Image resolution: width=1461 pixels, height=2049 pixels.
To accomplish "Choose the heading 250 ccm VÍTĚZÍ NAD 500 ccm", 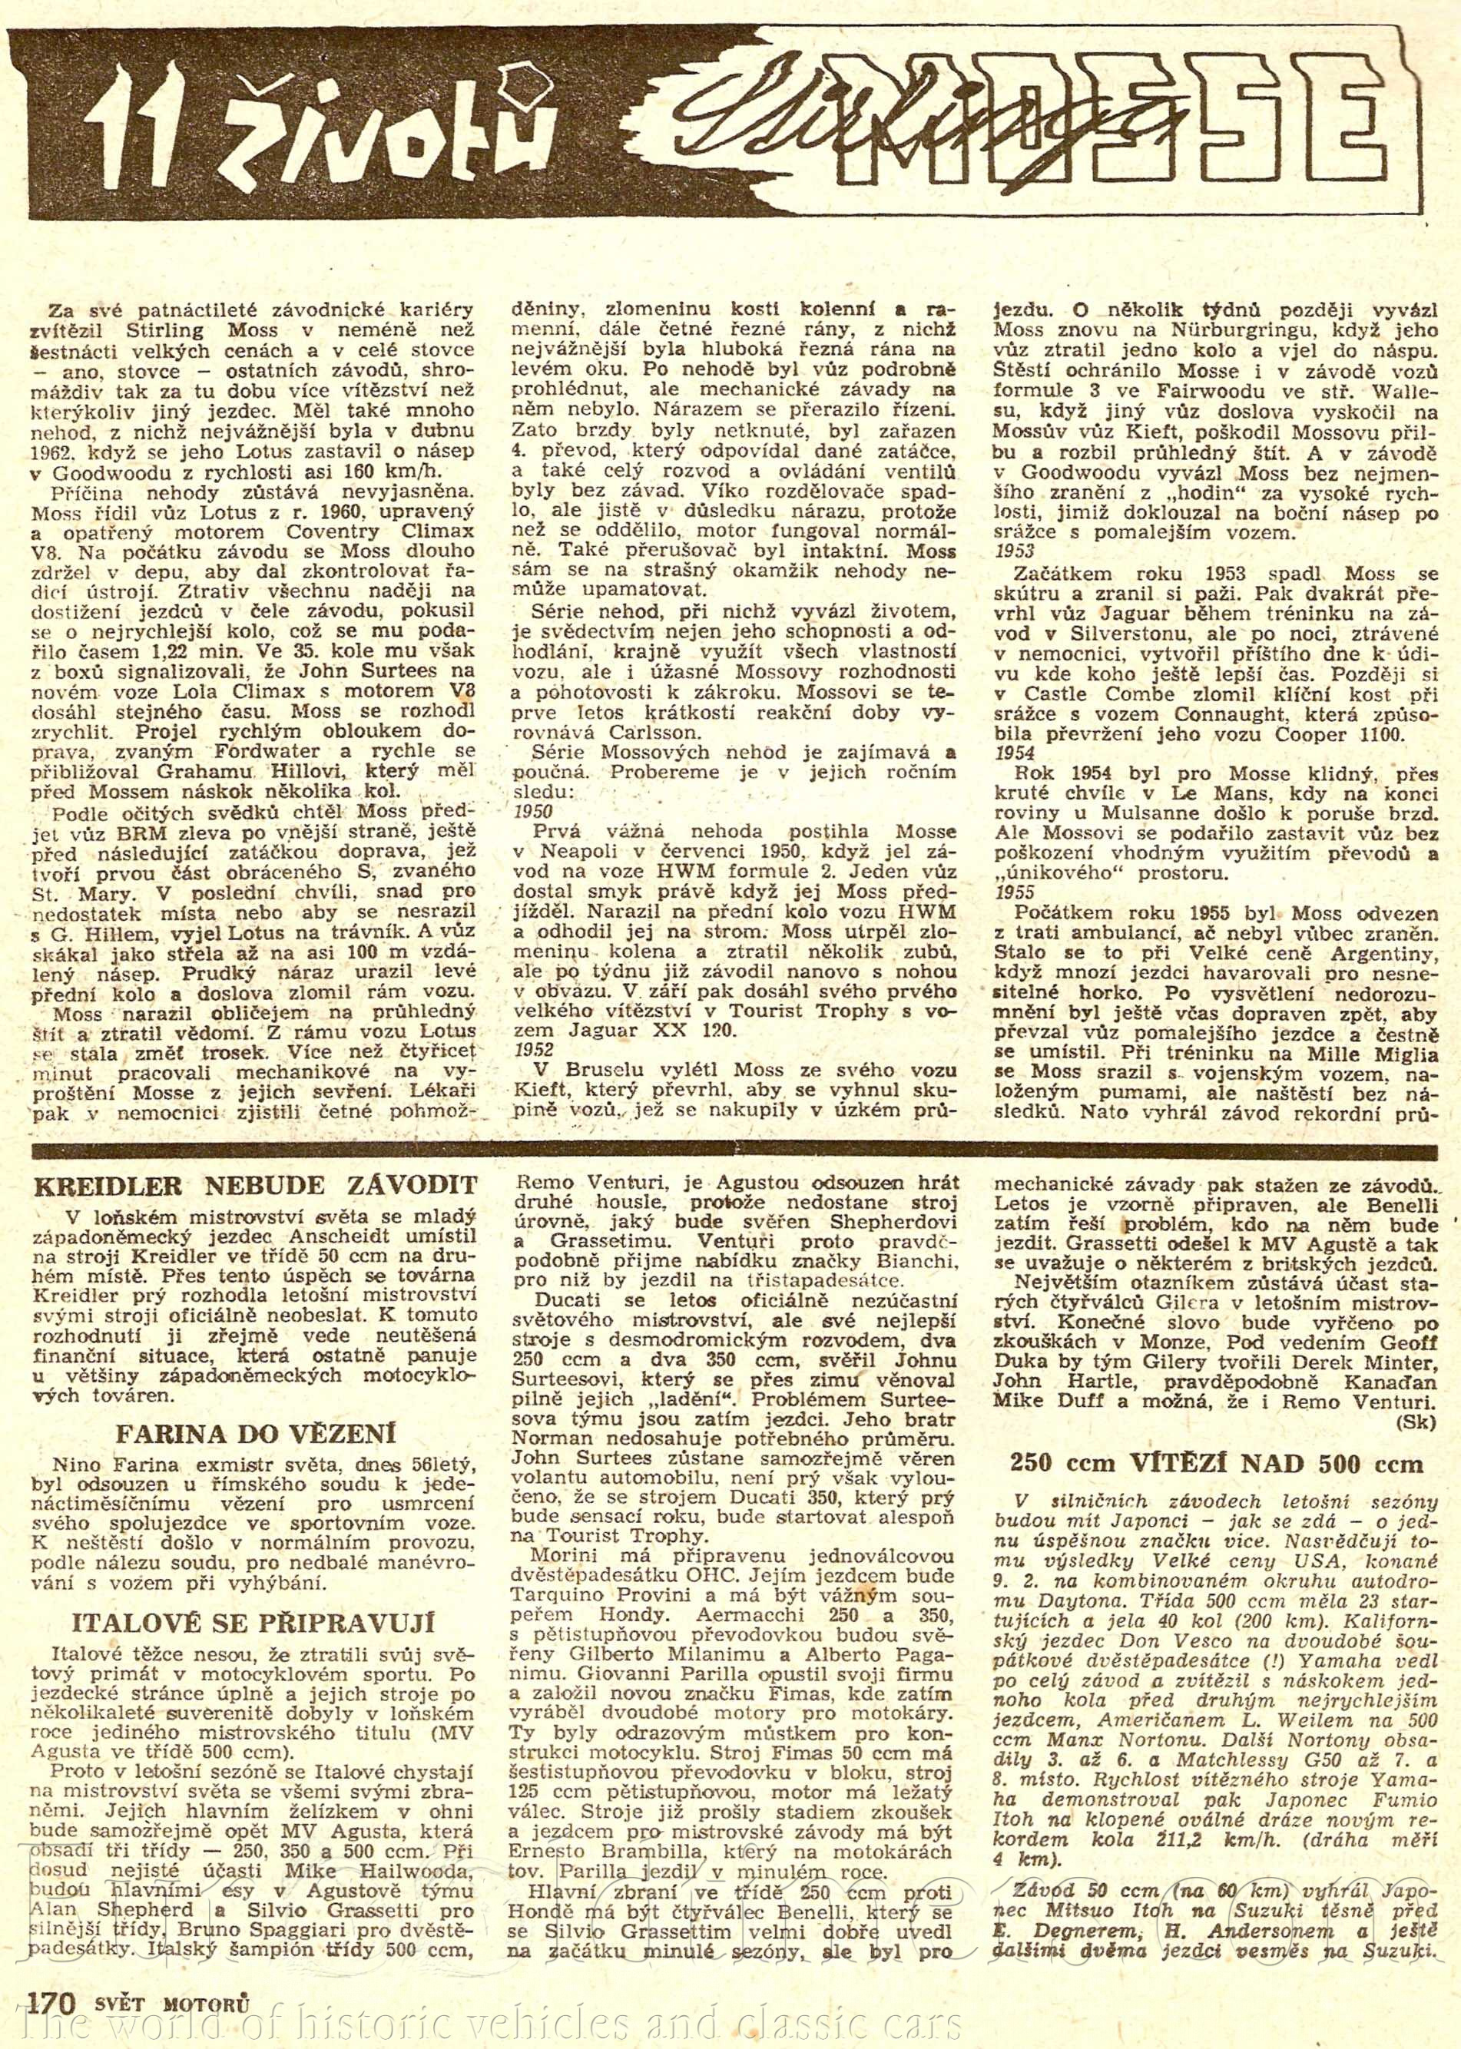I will [1219, 1464].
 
